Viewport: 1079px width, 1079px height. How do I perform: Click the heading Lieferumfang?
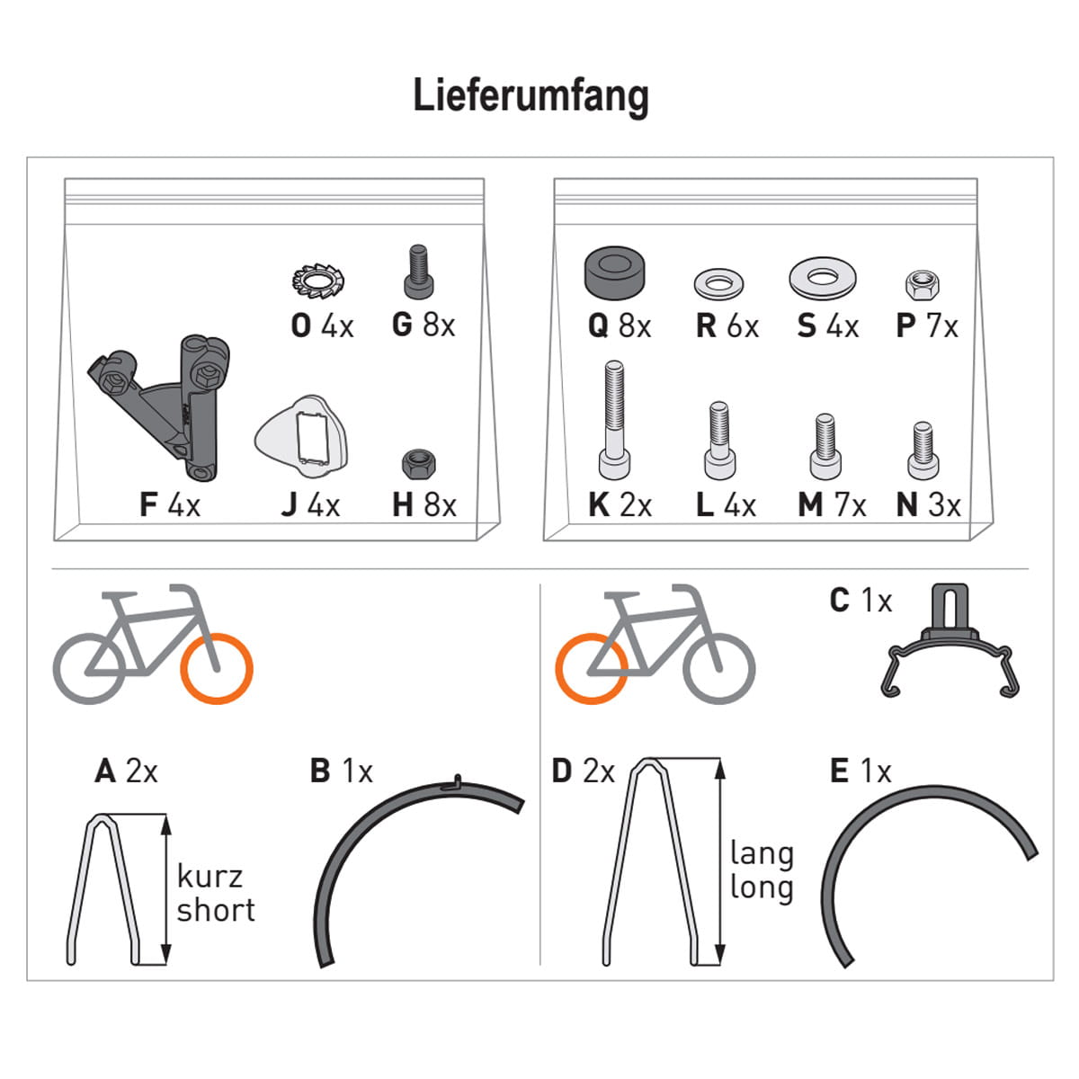[531, 96]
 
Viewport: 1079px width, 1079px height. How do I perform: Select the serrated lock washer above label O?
[318, 281]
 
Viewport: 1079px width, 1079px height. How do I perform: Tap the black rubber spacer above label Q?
[614, 272]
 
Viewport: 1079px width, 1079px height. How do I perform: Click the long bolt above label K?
[614, 419]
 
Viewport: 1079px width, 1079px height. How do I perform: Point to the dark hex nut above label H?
[419, 464]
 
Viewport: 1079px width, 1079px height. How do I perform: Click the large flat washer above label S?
[822, 278]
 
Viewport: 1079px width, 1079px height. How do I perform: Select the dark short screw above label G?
[418, 272]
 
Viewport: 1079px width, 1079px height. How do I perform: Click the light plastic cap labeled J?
[301, 436]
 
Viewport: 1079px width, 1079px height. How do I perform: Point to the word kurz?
[210, 877]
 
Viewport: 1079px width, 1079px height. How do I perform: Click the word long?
[762, 888]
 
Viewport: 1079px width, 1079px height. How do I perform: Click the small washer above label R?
[719, 284]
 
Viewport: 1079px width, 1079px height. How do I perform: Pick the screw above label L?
[719, 441]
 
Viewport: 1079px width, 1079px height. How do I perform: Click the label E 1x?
[861, 771]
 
